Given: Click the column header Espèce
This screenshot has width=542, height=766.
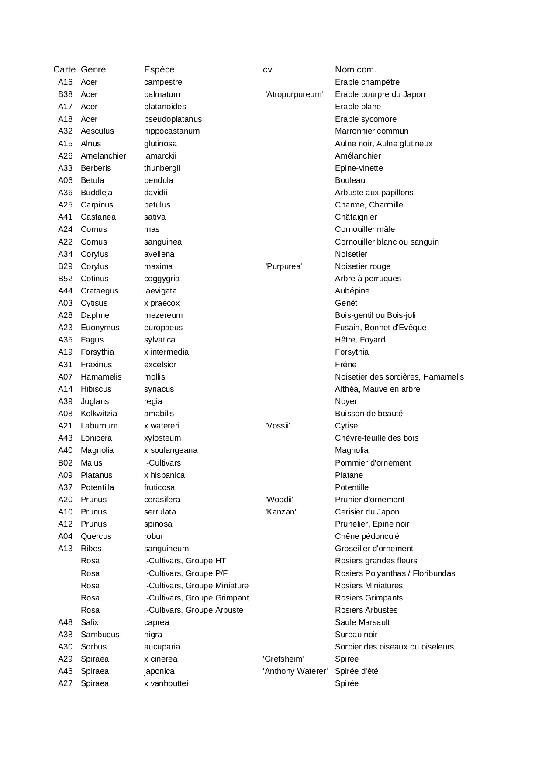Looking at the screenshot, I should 159,70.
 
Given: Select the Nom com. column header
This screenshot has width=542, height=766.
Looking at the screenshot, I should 356,70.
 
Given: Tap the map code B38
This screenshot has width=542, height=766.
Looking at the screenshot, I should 65,94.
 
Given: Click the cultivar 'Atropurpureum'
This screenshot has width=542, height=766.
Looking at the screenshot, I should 294,94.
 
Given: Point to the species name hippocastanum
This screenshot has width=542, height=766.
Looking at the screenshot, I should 172,131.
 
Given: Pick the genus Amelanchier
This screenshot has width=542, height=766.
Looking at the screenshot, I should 103,156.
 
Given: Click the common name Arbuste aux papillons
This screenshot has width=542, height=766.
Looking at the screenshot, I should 374,193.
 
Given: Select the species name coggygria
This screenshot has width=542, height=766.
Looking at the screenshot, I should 162,279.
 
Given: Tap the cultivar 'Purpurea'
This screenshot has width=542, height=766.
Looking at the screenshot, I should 283,266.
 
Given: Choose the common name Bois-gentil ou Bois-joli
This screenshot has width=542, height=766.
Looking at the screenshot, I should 375,315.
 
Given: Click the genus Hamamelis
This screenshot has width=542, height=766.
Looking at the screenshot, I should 101,377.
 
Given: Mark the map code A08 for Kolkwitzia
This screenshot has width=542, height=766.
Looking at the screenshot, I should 65,414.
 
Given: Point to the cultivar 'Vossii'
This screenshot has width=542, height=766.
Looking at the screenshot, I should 277,426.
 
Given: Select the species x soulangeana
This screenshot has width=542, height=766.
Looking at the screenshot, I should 170,450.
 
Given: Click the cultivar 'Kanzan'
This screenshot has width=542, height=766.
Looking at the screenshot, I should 280,512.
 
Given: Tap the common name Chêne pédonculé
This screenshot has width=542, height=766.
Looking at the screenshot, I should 367,536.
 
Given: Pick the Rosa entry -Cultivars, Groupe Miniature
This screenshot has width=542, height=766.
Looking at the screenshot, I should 197,586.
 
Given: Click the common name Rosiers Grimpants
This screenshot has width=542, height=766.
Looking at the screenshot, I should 369,598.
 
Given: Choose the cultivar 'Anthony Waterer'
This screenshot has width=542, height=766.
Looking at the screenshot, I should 295,671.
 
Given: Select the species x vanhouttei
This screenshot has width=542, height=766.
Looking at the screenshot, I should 166,683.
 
